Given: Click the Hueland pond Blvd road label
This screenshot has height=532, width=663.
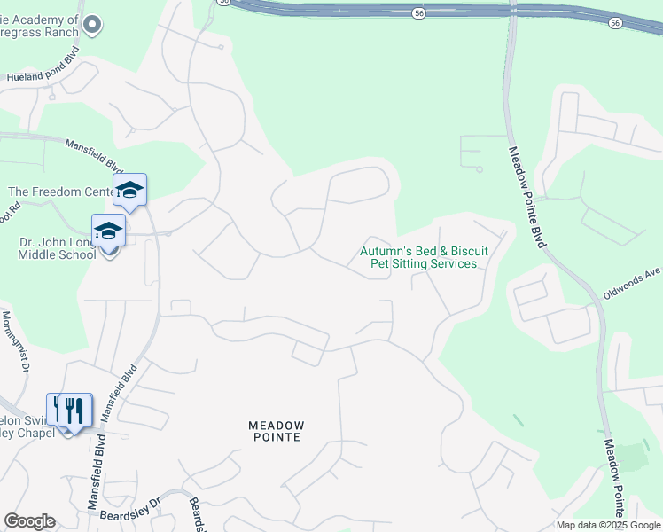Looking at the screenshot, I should pos(43,77).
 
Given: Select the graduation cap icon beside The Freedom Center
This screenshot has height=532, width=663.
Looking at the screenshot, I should pos(129,189).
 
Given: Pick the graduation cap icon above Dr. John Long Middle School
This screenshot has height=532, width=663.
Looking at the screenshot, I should pos(108,231).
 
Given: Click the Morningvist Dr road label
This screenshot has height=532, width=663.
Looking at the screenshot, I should pos(15,340).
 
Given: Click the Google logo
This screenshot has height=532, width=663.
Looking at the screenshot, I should pos(29,521).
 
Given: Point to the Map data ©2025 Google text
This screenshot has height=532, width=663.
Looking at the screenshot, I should pos(607,525).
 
